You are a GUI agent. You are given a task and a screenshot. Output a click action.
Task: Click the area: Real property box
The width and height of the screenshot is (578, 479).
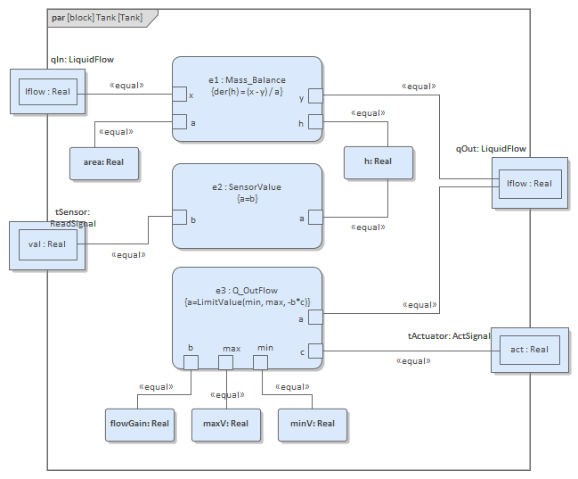pos(104,162)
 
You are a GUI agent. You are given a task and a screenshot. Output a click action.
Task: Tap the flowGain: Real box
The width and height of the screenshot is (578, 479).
pos(139,423)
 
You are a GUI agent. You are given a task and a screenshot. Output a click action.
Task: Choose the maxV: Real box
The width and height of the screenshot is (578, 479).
pos(226,423)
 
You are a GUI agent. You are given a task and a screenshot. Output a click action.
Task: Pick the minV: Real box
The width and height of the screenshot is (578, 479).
pos(313,423)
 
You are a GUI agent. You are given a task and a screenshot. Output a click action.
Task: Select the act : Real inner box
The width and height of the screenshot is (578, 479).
pos(529,350)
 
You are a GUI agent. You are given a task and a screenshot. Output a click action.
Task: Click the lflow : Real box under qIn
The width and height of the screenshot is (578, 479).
pos(48,91)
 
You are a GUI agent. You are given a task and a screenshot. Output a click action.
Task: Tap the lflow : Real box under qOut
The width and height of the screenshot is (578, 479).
pos(529,183)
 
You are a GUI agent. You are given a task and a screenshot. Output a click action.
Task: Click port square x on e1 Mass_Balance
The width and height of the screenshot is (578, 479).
pos(179,95)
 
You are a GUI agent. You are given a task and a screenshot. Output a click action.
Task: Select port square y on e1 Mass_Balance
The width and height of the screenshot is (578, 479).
pos(315,95)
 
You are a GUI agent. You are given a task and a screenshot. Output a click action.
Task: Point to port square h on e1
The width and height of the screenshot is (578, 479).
pos(315,122)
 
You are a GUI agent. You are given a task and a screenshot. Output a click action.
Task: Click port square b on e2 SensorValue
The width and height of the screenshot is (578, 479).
pos(179,218)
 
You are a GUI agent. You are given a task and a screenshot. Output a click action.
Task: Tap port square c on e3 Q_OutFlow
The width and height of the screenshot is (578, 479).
pos(315,351)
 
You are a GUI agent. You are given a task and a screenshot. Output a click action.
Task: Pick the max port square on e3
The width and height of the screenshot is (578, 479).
pos(225,362)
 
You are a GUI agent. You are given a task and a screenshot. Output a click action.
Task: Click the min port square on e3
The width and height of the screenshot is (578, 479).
pos(260,362)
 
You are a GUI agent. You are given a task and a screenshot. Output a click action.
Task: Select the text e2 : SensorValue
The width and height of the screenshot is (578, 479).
pos(247,186)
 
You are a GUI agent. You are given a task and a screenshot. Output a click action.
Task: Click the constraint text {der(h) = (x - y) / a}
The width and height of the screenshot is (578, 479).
pos(247,92)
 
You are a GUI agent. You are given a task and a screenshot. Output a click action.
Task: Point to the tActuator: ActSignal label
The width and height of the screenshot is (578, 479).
pos(449,335)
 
